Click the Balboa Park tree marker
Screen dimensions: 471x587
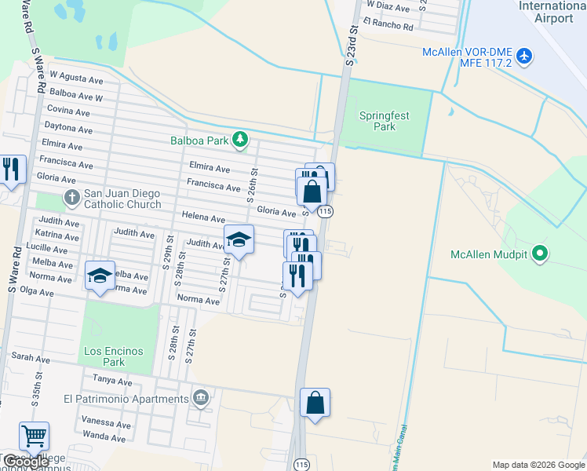241,141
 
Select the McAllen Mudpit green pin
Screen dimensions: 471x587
539,254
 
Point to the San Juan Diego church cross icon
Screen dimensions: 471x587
71,197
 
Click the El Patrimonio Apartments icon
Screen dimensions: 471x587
202,398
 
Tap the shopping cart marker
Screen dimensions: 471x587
34,436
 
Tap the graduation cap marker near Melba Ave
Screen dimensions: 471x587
100,276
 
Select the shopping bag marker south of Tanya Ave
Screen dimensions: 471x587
315,403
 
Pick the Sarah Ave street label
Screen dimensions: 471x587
31,358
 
